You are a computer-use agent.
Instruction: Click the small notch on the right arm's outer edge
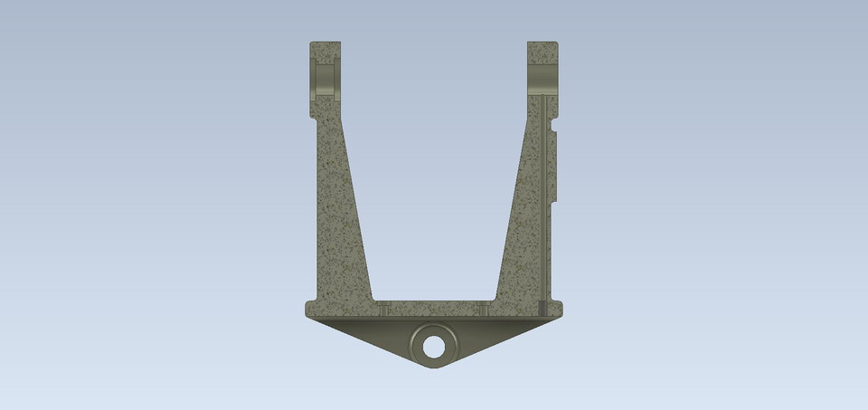pyautogui.click(x=555, y=167)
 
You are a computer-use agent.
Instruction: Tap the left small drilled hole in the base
pyautogui.click(x=383, y=310)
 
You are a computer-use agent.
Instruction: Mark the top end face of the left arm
pyautogui.click(x=326, y=42)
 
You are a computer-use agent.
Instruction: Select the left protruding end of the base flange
pyautogui.click(x=309, y=310)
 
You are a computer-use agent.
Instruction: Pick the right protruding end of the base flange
pyautogui.click(x=559, y=310)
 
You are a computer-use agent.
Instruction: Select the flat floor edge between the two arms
pyautogui.click(x=433, y=301)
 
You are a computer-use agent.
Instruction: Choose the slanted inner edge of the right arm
pyautogui.click(x=510, y=217)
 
